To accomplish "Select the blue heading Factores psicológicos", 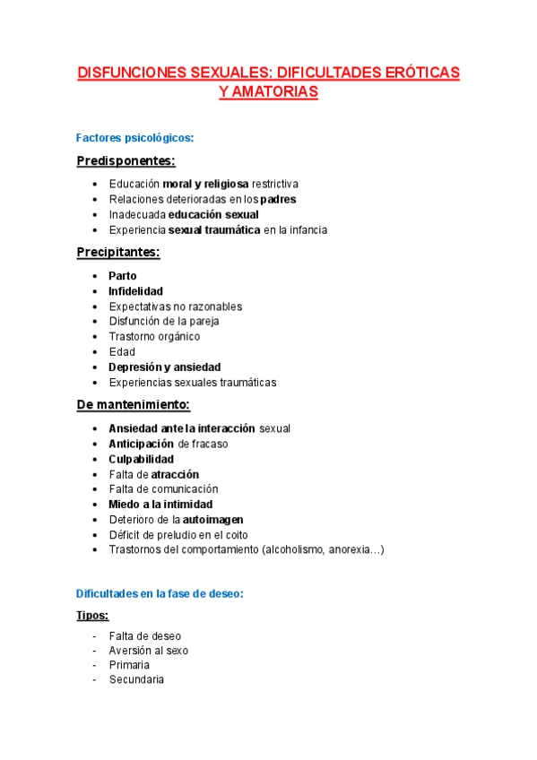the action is (134, 138).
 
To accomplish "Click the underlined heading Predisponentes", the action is (126, 160).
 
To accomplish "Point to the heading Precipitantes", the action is (118, 253).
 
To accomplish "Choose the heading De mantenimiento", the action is (134, 405).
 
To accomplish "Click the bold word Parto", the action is (123, 276).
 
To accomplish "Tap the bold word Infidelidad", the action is (135, 291).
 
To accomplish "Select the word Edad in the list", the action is (122, 352).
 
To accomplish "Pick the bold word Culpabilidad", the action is (141, 459).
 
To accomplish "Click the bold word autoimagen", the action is (213, 520).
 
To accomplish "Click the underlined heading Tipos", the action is (93, 616).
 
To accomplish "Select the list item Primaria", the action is (129, 665).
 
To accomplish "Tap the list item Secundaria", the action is (136, 680).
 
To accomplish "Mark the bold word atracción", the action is (175, 474).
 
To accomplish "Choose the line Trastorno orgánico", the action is (154, 337).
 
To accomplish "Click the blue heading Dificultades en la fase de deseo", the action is (160, 593).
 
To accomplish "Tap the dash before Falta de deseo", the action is (94, 635).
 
